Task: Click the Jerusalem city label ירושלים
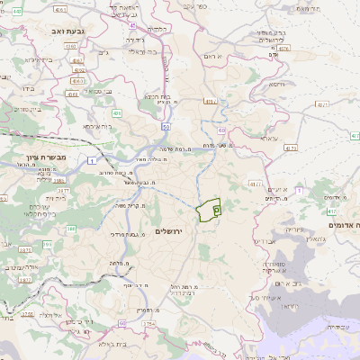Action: [169, 232]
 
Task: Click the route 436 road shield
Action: [117, 113]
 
